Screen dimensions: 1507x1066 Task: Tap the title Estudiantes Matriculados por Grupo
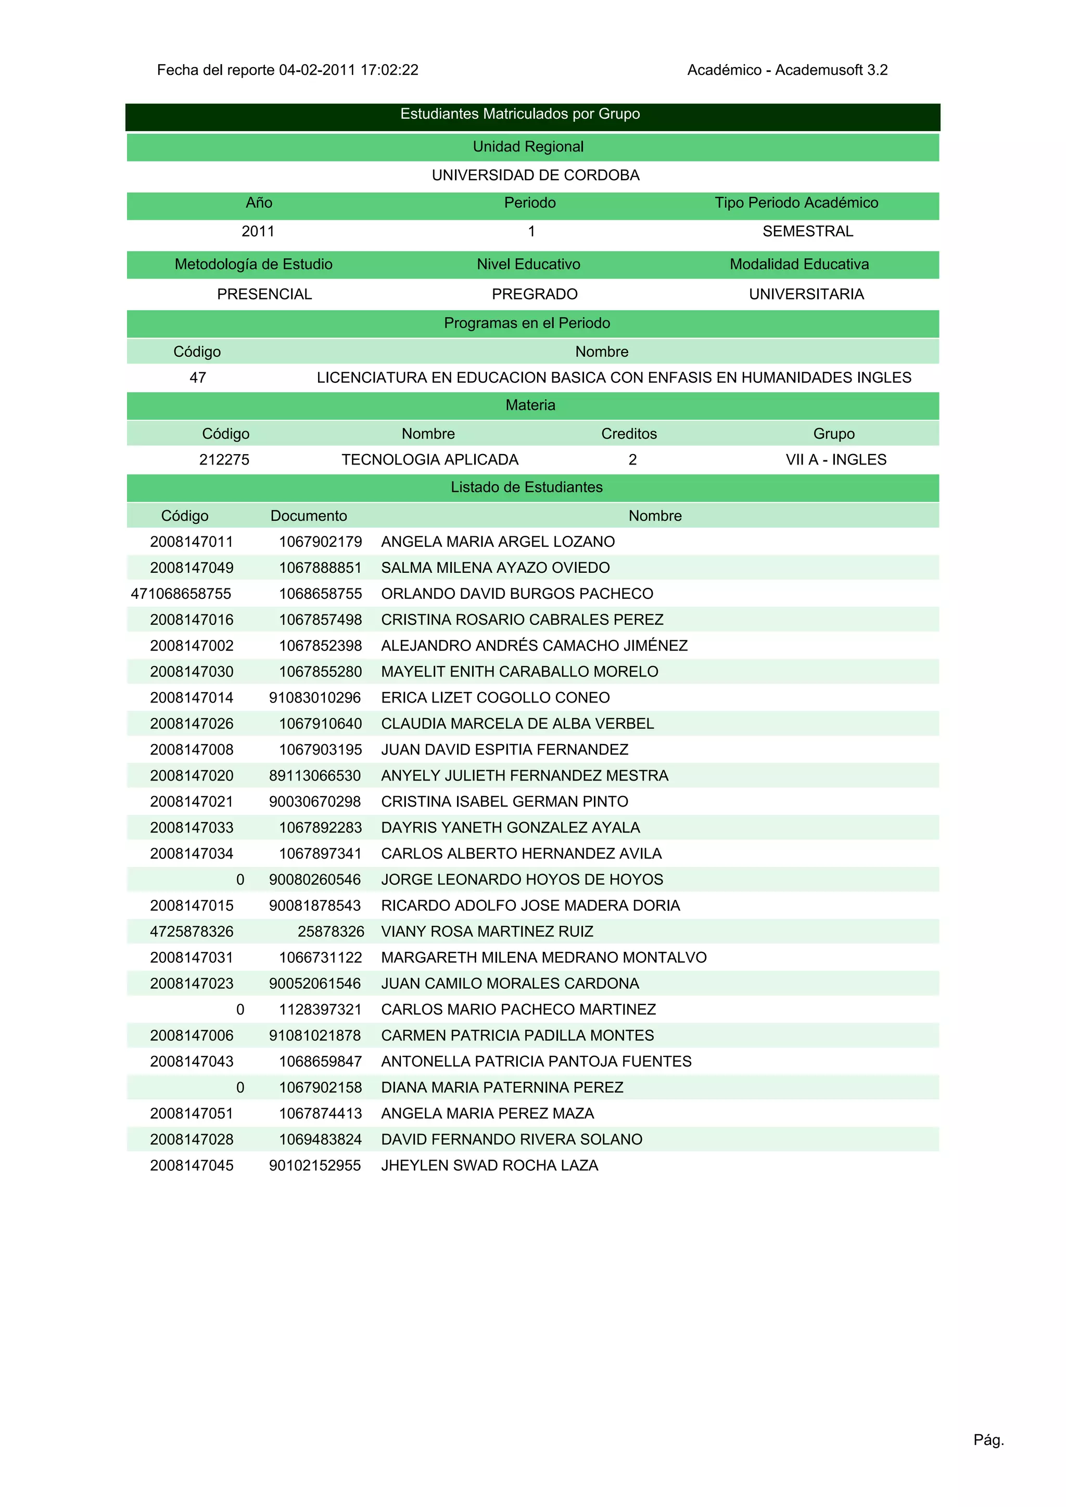point(520,114)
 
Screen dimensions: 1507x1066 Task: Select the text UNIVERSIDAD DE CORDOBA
point(535,175)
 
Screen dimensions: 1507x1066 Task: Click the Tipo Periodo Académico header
point(796,203)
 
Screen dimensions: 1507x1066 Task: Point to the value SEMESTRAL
point(807,231)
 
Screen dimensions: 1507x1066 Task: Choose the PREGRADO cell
point(535,294)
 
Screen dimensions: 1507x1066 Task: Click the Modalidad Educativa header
point(799,264)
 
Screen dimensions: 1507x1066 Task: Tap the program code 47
point(198,378)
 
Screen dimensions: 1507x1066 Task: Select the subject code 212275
point(224,460)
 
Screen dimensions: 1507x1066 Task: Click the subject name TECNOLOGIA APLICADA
point(430,460)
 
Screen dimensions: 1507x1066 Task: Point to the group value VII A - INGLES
point(835,460)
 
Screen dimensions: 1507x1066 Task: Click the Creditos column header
point(629,434)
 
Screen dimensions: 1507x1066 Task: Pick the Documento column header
point(309,516)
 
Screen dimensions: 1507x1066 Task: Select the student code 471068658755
point(181,594)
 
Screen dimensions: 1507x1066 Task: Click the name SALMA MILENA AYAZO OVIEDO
point(495,568)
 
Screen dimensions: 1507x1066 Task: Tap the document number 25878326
point(331,932)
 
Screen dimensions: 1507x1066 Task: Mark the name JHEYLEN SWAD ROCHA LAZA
point(490,1165)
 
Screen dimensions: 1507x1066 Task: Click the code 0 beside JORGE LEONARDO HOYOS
point(240,880)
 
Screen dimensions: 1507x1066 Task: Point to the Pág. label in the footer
point(988,1440)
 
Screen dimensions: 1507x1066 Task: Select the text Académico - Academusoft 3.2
point(787,70)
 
